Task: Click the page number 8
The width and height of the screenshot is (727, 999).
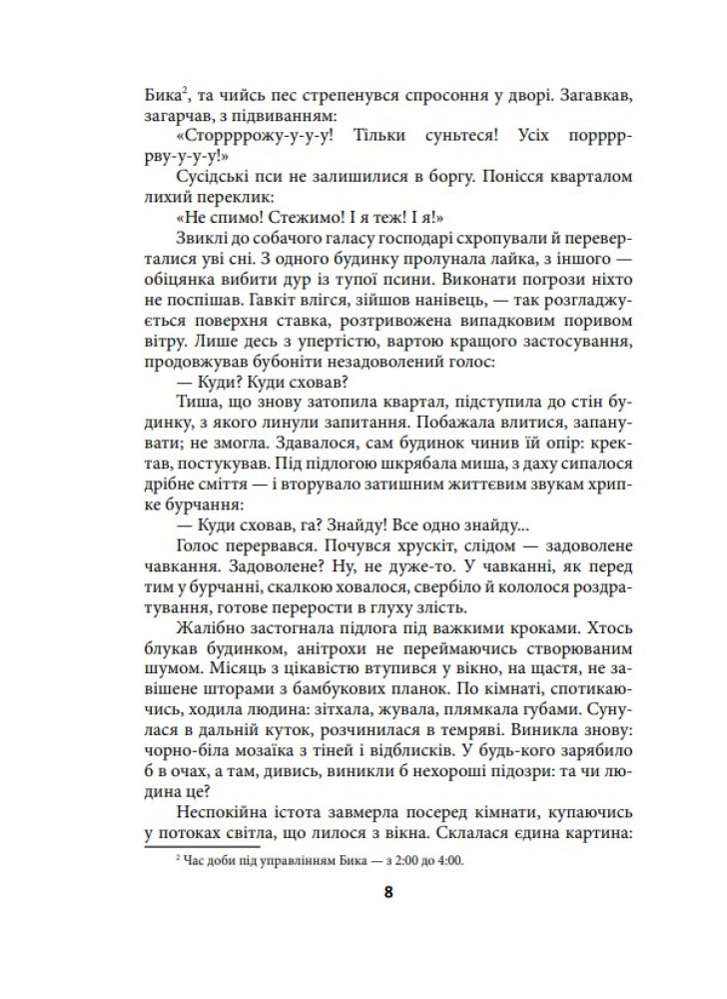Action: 387,893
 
